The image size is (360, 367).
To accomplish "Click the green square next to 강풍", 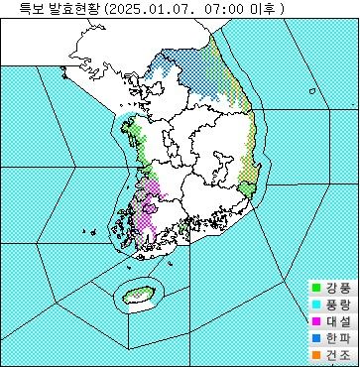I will [316, 288].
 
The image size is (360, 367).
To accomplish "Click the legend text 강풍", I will [337, 288].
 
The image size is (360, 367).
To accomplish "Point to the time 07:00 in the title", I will [229, 9].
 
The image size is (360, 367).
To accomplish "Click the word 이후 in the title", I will [267, 9].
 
